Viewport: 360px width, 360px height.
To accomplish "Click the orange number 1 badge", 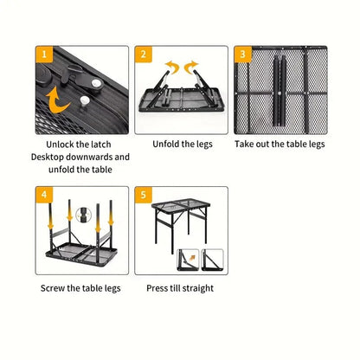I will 44,55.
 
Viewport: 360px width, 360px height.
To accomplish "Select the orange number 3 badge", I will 244,55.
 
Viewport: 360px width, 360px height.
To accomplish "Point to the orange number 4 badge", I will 44,195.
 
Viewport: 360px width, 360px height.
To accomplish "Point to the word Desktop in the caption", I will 51,157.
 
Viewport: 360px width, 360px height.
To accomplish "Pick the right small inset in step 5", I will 213,259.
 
